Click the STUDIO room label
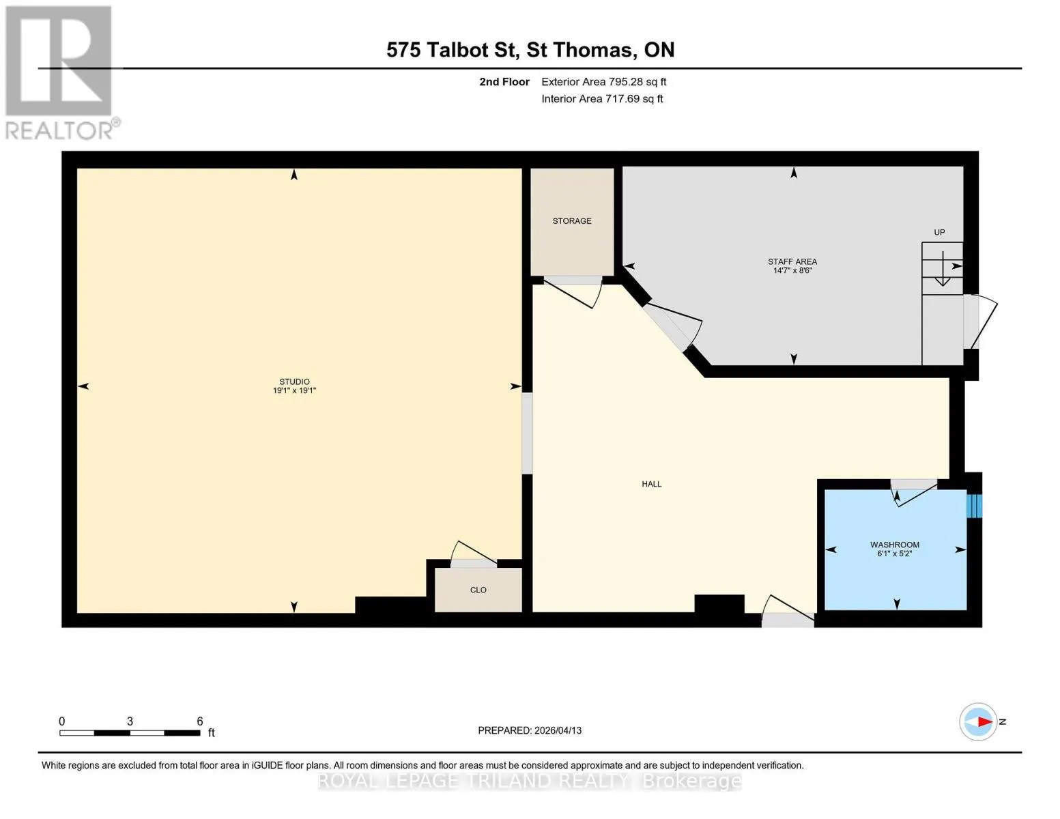294,382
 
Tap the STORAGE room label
572,221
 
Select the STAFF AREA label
792,261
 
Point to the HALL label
651,484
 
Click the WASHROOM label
895,545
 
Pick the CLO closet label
478,590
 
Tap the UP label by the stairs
939,232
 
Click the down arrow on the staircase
943,269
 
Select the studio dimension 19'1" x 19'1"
294,390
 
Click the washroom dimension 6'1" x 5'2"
894,553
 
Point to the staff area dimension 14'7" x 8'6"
792,270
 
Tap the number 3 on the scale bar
130,721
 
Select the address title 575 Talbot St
453,50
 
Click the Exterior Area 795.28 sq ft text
603,82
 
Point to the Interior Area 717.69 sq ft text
602,98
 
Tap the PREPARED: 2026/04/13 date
529,730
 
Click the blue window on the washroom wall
974,506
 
